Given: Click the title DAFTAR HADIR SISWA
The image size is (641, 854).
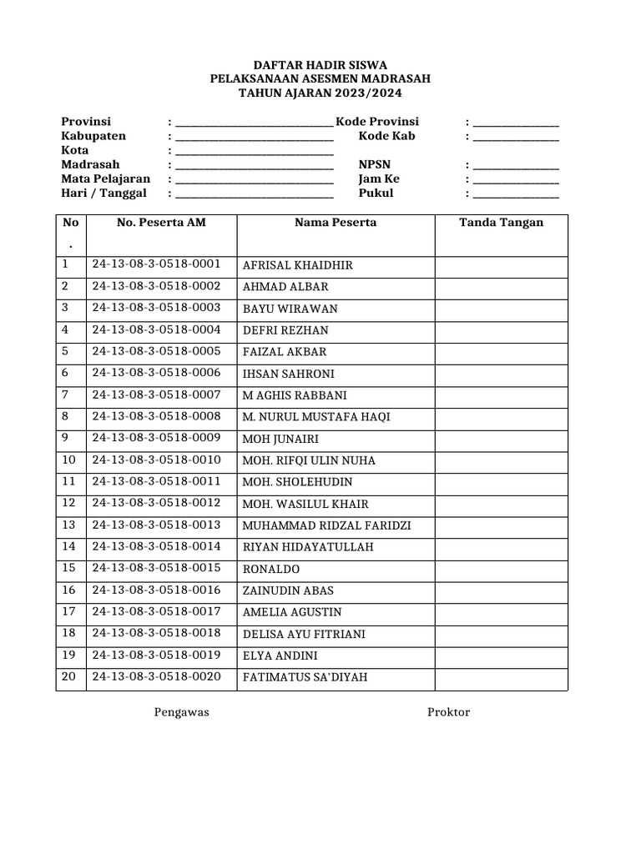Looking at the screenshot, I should click(x=320, y=65).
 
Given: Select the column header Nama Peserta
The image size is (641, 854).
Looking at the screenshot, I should click(x=335, y=223).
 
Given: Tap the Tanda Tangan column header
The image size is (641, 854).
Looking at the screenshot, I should click(x=501, y=223).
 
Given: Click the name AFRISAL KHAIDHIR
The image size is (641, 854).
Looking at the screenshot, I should click(x=297, y=266).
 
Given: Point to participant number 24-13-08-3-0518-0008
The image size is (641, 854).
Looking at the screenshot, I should click(x=156, y=416).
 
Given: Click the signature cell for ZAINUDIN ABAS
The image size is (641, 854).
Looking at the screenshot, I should click(x=501, y=590).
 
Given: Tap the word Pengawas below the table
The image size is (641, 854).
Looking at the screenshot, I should click(x=181, y=712).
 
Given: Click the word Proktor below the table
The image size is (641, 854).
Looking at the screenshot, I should click(x=448, y=712).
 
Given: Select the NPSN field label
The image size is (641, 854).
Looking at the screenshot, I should click(x=374, y=165).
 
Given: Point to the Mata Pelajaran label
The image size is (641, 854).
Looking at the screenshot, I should click(x=106, y=179).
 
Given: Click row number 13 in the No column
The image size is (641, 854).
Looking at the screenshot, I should click(x=68, y=525).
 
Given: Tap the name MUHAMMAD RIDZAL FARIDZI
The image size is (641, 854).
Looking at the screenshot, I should click(x=326, y=526).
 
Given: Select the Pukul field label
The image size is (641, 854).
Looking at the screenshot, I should click(x=376, y=193).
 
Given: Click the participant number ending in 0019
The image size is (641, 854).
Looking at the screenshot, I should click(x=156, y=655).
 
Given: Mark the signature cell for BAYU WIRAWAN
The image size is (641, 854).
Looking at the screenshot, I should click(x=501, y=309).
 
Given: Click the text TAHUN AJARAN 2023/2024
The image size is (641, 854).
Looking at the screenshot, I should click(x=320, y=93).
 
